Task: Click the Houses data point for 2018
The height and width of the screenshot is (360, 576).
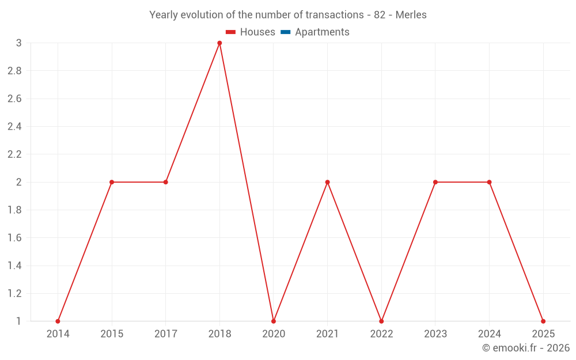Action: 219,43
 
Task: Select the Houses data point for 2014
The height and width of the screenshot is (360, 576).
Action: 58,321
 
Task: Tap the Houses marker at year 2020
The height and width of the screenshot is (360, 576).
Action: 274,321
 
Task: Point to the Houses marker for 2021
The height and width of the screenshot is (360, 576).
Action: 327,182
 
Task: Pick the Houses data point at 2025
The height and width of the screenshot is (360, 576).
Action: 543,321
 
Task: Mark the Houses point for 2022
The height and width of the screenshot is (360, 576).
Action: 381,321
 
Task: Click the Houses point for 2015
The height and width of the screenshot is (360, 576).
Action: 112,182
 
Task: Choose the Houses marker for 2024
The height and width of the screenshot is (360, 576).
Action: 489,182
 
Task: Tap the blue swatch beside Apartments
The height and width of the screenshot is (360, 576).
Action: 285,32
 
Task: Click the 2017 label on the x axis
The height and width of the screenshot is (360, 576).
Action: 165,334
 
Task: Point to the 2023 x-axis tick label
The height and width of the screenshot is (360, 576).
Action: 435,334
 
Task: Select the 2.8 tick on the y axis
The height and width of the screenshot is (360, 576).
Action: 14,71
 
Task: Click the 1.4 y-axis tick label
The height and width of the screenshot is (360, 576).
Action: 14,266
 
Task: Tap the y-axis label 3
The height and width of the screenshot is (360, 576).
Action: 19,43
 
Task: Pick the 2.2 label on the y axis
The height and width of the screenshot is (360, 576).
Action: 14,154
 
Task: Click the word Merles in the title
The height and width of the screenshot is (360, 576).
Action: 411,15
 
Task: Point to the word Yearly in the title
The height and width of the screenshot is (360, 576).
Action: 163,15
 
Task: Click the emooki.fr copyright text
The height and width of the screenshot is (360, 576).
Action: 526,348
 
